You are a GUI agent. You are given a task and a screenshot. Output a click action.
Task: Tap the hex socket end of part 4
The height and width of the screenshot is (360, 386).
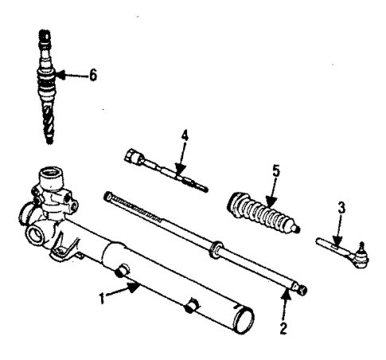pyautogui.click(x=132, y=155)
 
